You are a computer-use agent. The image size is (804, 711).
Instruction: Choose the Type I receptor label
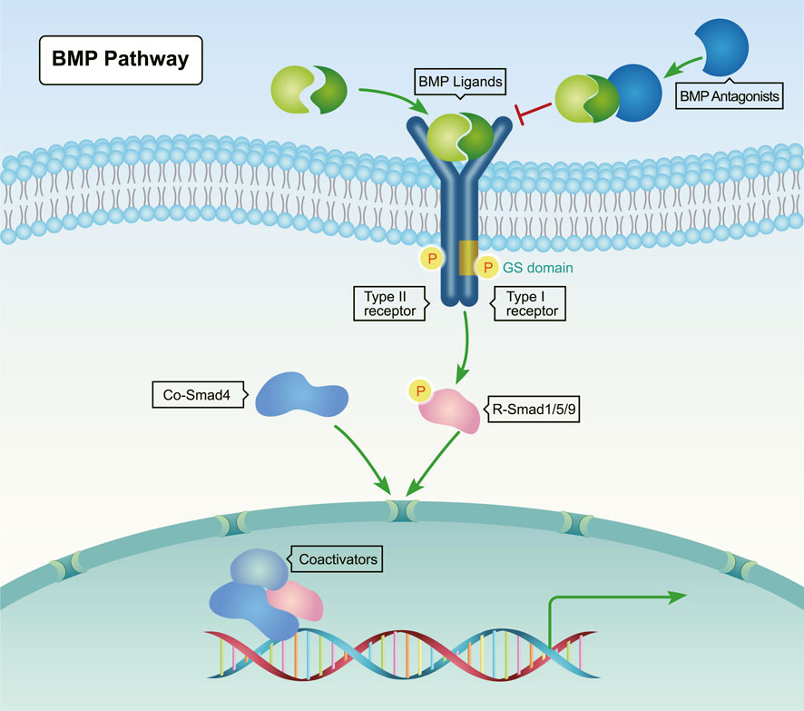pos(529,303)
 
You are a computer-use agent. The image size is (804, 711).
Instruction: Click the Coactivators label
pos(333,558)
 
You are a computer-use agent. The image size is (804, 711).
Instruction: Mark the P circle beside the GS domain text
pos(489,268)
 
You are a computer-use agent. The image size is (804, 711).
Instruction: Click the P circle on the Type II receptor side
pos(430,259)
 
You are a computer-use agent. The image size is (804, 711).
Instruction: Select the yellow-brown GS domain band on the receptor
pos(468,259)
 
